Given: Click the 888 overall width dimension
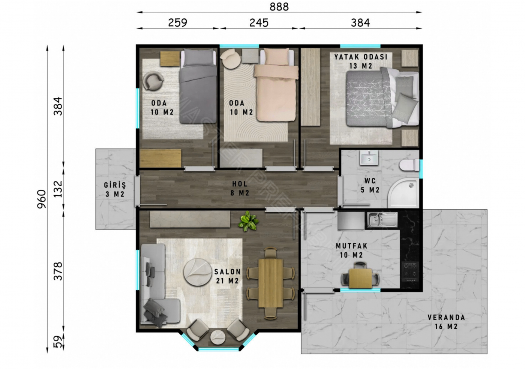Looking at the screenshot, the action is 279,7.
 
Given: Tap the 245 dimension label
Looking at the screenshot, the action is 259,23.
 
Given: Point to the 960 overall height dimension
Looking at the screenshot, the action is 42,199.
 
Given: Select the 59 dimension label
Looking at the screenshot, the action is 58,342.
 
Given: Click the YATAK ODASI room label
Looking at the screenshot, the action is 361,57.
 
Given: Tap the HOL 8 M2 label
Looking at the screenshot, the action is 240,189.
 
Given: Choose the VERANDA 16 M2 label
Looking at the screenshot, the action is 446,322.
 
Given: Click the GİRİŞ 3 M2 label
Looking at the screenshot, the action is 115,190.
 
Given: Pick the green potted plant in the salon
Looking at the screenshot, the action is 248,221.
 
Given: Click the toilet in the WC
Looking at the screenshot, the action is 409,166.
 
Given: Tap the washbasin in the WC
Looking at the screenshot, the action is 369,158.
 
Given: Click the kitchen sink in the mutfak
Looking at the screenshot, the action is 382,220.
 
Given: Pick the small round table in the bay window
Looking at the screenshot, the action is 218,337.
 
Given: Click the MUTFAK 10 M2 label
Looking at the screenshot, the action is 352,250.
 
